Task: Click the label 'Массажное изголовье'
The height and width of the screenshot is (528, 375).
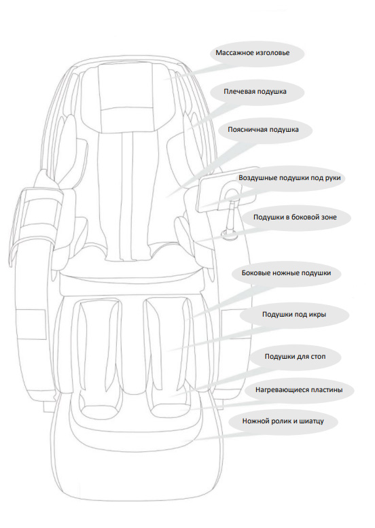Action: [x=253, y=53]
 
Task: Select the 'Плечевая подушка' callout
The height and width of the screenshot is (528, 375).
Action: [x=255, y=92]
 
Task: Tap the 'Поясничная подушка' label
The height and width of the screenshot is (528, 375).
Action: [x=263, y=130]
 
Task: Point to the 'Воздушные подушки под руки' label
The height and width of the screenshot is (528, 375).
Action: [x=289, y=178]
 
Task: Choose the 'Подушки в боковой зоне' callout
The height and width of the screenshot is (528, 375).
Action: [x=295, y=217]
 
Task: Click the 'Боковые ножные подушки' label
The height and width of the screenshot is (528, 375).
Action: [x=286, y=273]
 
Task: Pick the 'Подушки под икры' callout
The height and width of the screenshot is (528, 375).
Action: [x=294, y=315]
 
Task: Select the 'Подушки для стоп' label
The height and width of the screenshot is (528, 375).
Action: [x=295, y=357]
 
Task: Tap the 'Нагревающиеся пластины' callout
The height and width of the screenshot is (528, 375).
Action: [x=299, y=390]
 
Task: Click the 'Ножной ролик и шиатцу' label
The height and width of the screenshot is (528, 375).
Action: [x=283, y=421]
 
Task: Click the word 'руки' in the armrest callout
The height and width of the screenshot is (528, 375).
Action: [x=333, y=178]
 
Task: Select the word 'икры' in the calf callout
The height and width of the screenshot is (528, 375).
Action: [x=318, y=315]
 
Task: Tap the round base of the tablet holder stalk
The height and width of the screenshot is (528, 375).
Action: [x=230, y=234]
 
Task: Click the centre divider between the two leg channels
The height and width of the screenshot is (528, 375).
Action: [x=132, y=343]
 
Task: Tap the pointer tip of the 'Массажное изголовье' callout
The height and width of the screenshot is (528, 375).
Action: [x=164, y=80]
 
